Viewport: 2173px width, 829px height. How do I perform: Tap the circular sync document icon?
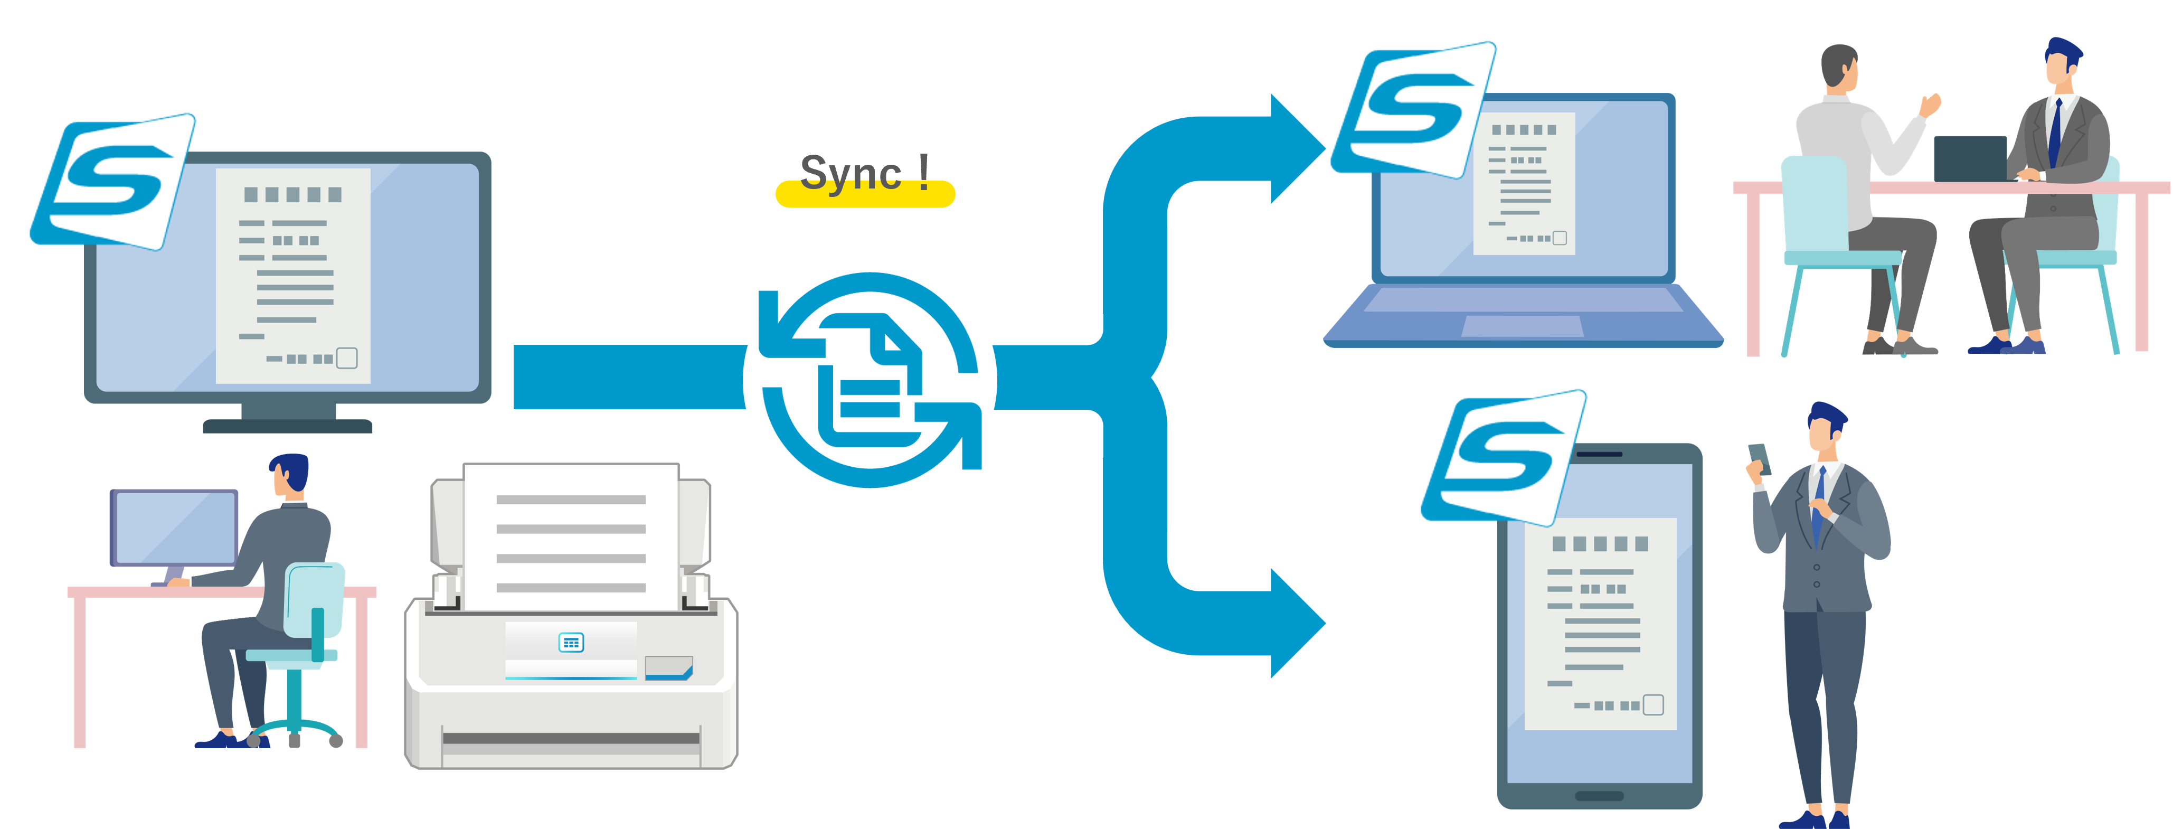pyautogui.click(x=870, y=380)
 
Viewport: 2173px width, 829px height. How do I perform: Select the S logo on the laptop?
pyautogui.click(x=1413, y=110)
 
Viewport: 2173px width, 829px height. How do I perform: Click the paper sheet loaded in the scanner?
pyautogui.click(x=571, y=535)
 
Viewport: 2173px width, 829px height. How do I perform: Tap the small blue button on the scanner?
pyautogui.click(x=571, y=643)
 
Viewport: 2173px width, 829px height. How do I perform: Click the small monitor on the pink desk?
pyautogui.click(x=175, y=528)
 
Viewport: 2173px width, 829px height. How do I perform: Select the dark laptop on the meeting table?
pyautogui.click(x=1970, y=158)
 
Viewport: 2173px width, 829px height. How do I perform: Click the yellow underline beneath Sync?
pyautogui.click(x=865, y=196)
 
